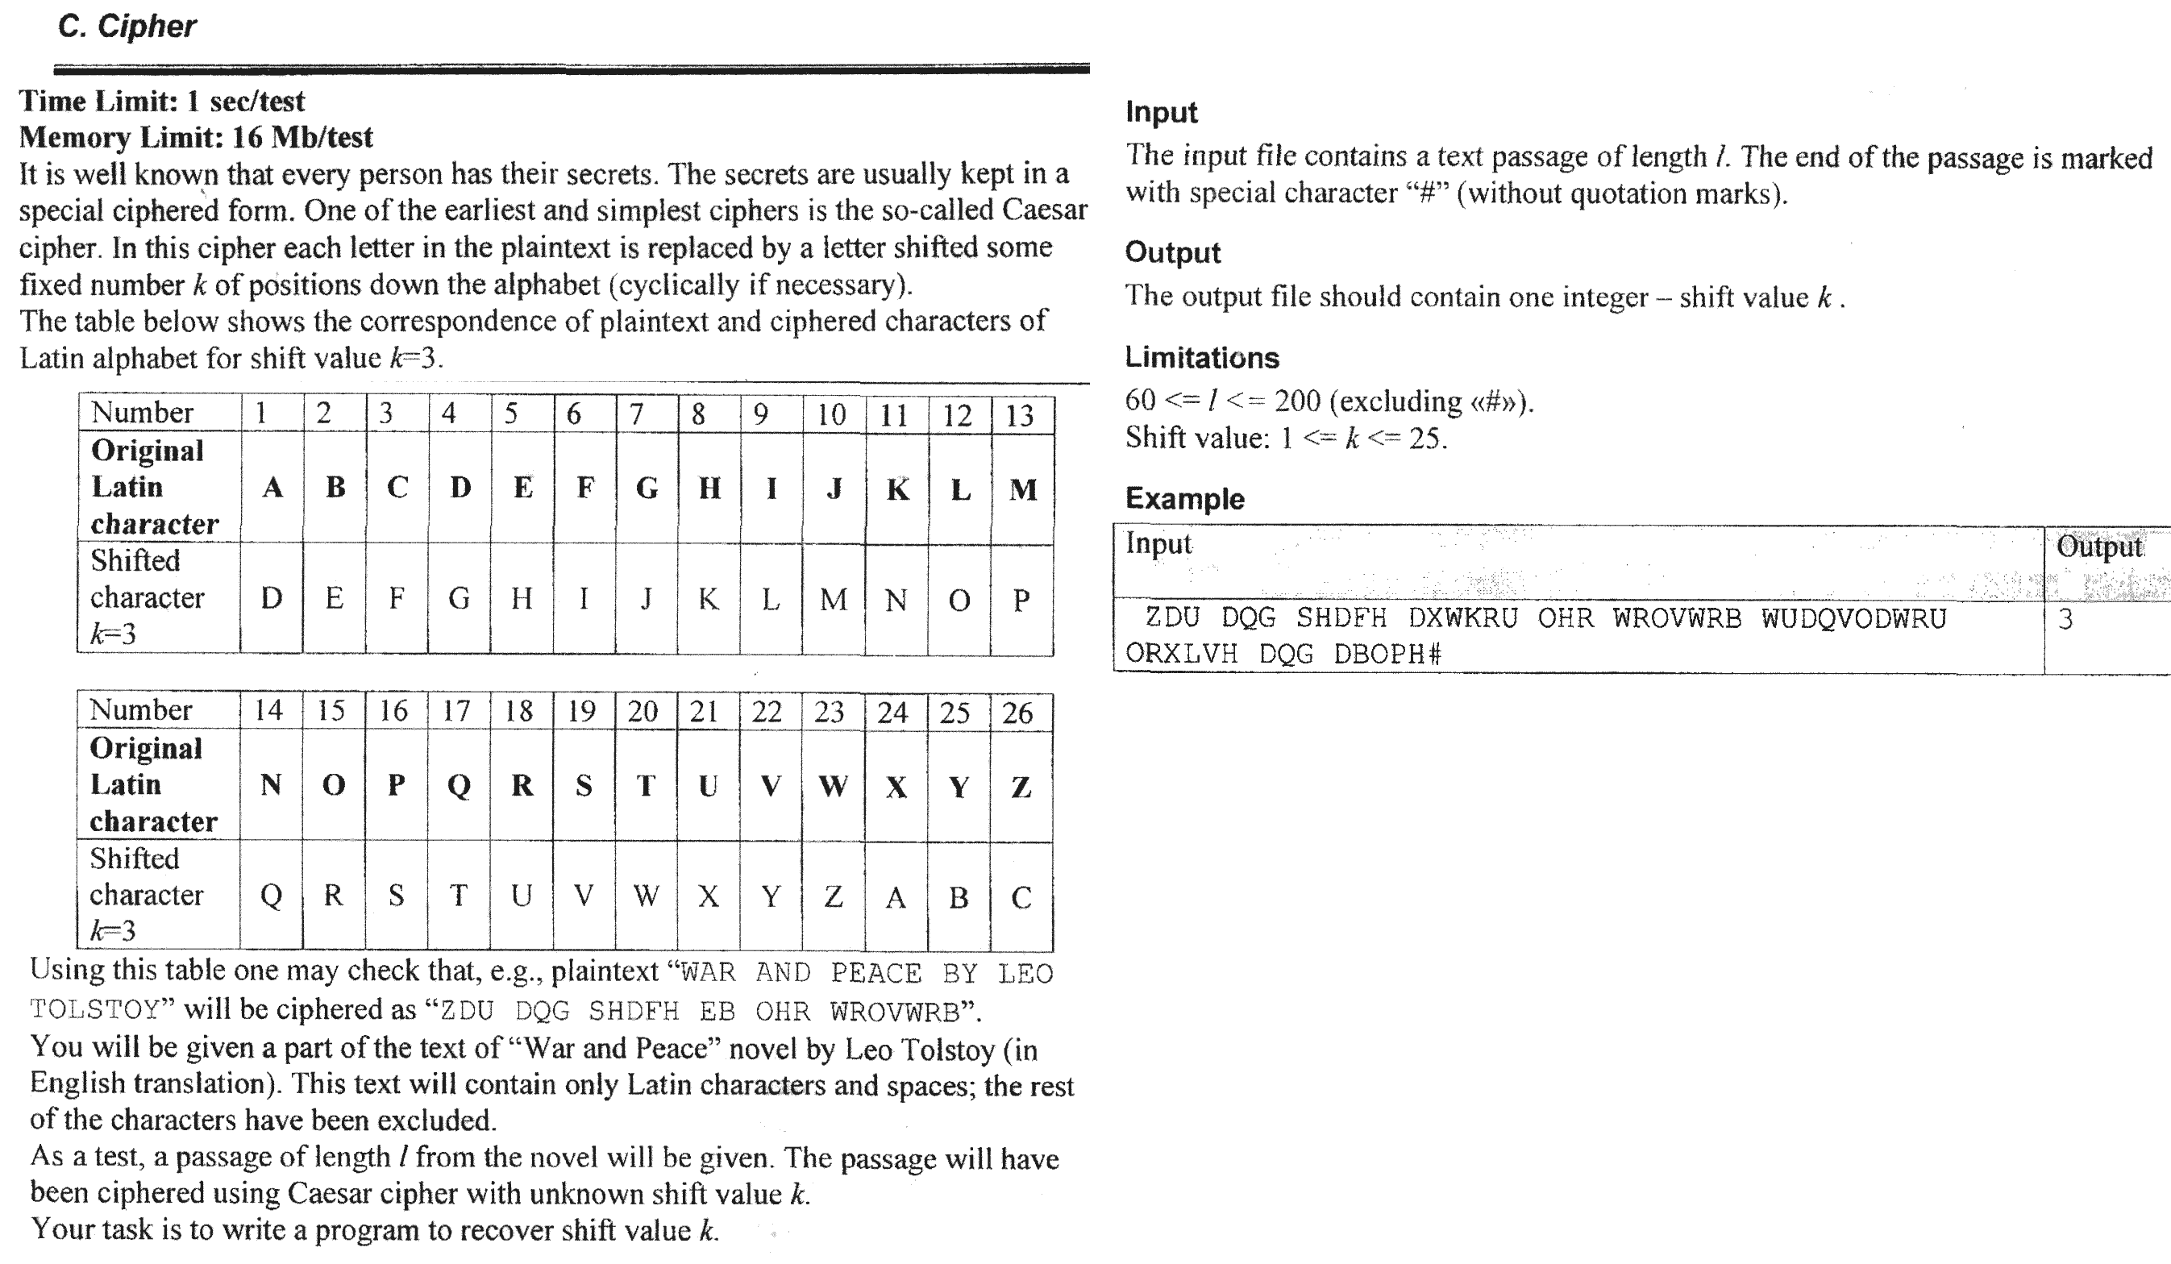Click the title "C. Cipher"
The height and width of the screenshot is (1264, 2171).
(x=127, y=27)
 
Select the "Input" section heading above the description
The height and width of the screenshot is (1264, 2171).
(x=1162, y=112)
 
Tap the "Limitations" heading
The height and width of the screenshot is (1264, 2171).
(x=1202, y=358)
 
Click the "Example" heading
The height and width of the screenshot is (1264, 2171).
(x=1184, y=499)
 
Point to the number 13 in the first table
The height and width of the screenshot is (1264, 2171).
(x=1020, y=415)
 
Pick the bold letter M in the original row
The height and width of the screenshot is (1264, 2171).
(x=1022, y=489)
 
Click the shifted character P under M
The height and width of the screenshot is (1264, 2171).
(x=1021, y=600)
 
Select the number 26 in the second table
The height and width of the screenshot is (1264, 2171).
(x=1017, y=713)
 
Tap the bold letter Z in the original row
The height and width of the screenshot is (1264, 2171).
(x=1021, y=787)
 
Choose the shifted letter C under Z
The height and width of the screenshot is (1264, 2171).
(x=1021, y=898)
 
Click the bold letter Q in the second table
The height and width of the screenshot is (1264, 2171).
(x=460, y=786)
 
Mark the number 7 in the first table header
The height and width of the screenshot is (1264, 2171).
(x=637, y=414)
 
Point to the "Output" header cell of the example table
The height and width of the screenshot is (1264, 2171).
(x=2098, y=547)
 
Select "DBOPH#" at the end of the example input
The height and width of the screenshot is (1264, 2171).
(x=1387, y=655)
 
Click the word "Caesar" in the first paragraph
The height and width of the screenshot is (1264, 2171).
(x=1044, y=210)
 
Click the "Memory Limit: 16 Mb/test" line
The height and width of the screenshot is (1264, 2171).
(x=197, y=137)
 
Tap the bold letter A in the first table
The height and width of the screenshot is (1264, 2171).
(x=272, y=488)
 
